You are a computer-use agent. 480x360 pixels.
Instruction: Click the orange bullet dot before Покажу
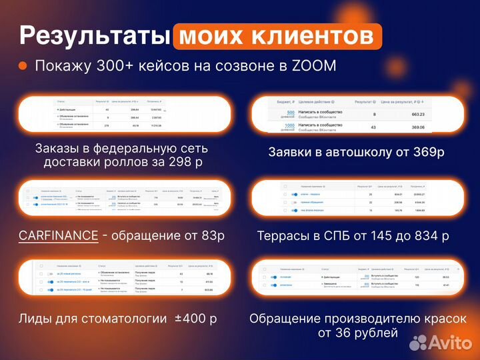23,66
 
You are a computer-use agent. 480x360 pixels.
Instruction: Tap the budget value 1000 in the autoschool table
289,125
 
